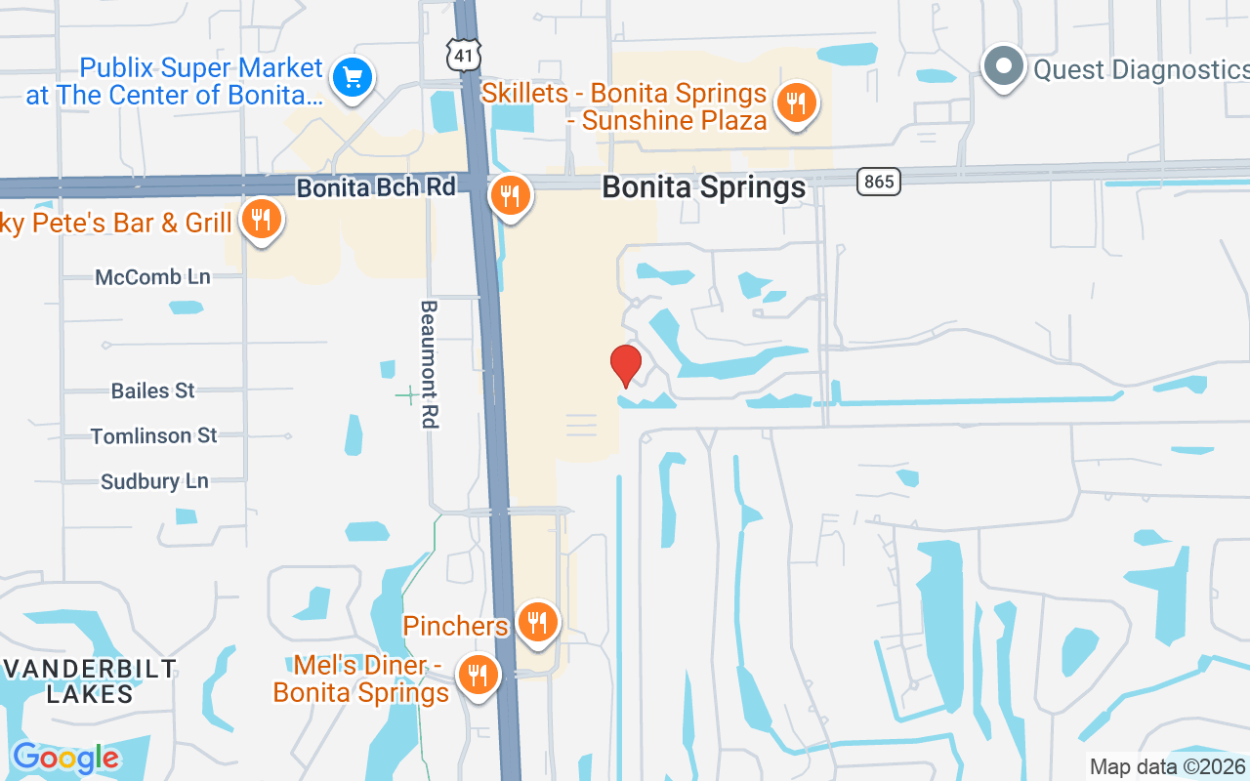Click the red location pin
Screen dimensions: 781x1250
[x=626, y=365]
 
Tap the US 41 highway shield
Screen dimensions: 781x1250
[x=465, y=56]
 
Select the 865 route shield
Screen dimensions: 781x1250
[x=878, y=181]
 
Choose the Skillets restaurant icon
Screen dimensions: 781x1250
[x=797, y=103]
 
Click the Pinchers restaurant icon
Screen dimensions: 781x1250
[x=536, y=621]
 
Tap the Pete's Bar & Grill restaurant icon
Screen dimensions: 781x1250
[x=261, y=220]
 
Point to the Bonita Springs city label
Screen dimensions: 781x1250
[x=704, y=187]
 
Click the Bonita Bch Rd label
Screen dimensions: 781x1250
[x=376, y=186]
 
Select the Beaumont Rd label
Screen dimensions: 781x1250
[x=429, y=364]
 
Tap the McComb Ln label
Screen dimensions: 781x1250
[x=152, y=277]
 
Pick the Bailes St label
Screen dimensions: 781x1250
[x=153, y=390]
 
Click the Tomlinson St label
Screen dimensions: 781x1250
[x=154, y=435]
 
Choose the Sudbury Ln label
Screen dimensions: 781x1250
[x=155, y=481]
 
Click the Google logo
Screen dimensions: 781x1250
[x=65, y=758]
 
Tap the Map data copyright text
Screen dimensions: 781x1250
[x=1167, y=766]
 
